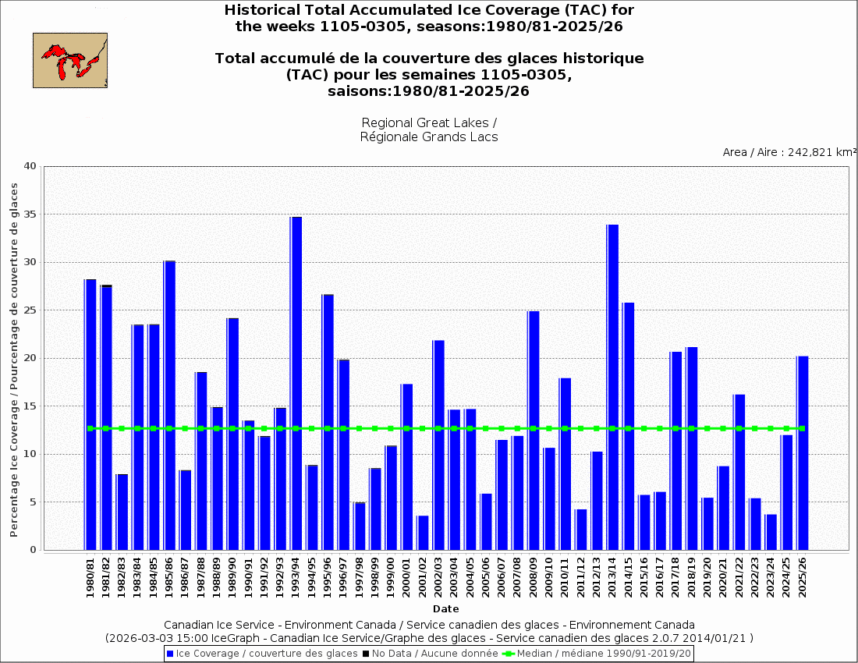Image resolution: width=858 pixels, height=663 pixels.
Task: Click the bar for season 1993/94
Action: point(296,383)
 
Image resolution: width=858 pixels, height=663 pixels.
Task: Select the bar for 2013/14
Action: point(612,387)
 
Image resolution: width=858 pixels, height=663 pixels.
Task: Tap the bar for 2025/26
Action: point(803,452)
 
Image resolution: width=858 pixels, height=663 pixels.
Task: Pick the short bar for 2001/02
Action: point(423,533)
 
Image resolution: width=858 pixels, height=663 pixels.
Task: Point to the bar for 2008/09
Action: point(534,430)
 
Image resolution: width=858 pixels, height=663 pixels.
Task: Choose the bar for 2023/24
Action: point(771,532)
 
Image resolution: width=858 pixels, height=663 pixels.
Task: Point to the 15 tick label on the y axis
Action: point(30,406)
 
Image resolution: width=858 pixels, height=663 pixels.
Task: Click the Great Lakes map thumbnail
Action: point(70,60)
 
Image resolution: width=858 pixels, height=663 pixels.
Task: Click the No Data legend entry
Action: point(430,653)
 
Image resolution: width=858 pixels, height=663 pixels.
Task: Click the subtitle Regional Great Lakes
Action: point(429,123)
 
